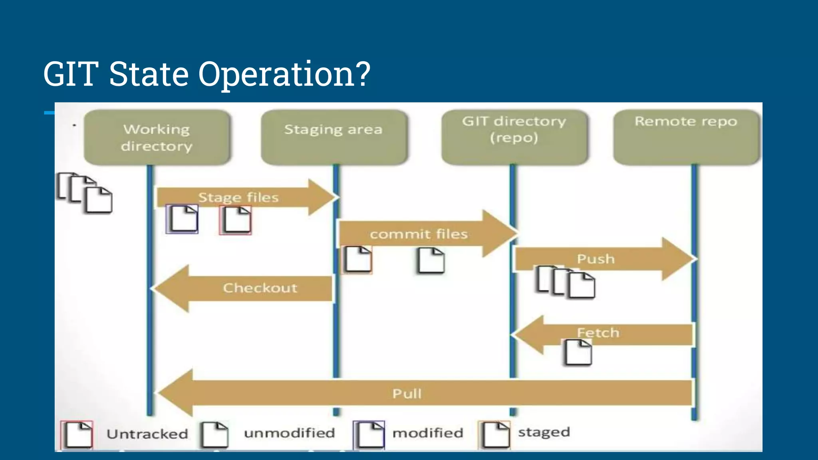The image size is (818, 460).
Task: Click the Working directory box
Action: coord(157,137)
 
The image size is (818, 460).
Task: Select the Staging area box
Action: coord(334,137)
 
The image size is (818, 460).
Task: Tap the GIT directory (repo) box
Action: coord(514,137)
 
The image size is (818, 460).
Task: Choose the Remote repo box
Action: coord(686,137)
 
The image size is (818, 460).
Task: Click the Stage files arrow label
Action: coord(238,197)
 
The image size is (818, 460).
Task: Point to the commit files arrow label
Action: coord(419,234)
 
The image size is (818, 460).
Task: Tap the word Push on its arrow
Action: coord(596,259)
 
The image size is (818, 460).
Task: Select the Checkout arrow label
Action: coord(260,288)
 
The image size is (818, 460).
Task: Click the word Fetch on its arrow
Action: coord(598,333)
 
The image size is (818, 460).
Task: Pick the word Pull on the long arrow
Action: coord(407,394)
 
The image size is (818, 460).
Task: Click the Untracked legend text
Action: coord(147,434)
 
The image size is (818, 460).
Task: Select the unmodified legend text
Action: coord(290,433)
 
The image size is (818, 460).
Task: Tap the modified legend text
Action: coord(428,433)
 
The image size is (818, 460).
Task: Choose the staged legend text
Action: coord(544,432)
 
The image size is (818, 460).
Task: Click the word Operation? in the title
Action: coord(284,74)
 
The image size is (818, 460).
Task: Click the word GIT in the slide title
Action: coord(71,74)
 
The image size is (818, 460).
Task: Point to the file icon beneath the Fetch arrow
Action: coord(579,352)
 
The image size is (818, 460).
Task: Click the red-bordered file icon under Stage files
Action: coord(236,220)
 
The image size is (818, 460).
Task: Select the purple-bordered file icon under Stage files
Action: coord(182,219)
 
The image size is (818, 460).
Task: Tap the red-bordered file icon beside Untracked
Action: coord(77,434)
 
